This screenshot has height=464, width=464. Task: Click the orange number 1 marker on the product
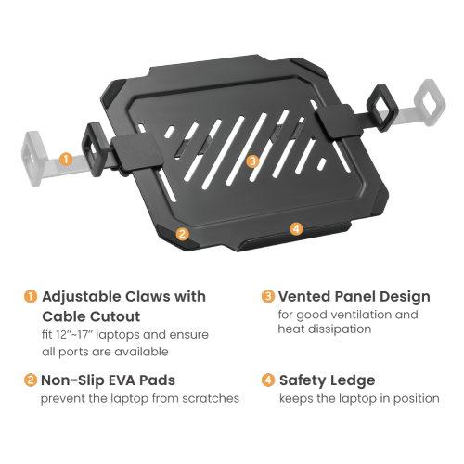point(66,159)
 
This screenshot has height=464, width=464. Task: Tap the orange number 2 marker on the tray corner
point(182,234)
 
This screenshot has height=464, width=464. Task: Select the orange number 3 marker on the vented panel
point(252,161)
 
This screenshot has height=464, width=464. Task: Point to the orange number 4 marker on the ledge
point(296,228)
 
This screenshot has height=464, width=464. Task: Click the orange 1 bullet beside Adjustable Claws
point(31,296)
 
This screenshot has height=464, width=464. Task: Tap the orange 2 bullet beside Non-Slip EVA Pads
point(31,380)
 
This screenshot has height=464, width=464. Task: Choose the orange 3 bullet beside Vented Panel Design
point(268,296)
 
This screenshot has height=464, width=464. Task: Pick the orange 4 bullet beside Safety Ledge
point(268,380)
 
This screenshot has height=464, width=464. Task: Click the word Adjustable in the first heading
point(82,298)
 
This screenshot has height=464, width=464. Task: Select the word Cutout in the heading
point(115,316)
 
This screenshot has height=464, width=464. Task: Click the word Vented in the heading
point(304,296)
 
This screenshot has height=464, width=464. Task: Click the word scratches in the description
point(211,398)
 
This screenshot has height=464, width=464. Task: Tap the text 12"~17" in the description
point(67,334)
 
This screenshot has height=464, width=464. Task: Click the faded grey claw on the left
point(33,159)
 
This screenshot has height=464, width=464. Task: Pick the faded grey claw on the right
point(430,102)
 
